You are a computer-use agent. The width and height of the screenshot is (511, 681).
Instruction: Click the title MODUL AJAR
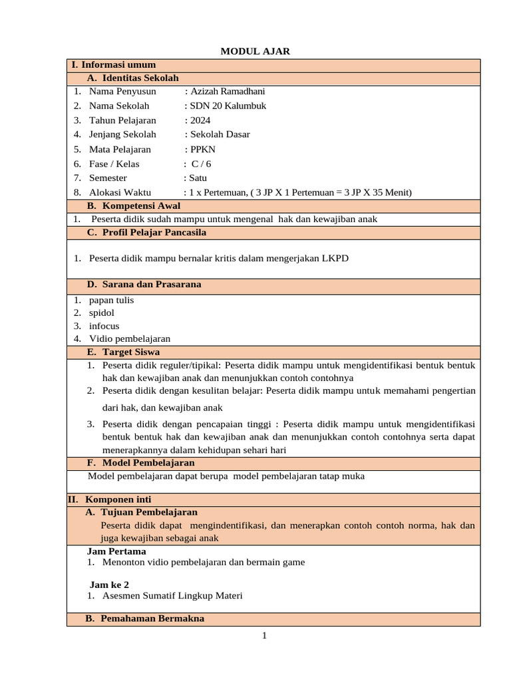tap(255, 51)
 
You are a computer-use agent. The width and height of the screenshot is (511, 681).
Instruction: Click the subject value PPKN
tap(202, 150)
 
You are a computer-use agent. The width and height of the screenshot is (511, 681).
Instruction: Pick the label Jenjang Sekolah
tap(122, 134)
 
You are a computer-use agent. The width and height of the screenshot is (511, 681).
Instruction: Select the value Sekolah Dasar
tap(220, 134)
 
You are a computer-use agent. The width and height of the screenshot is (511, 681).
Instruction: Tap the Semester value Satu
tap(198, 178)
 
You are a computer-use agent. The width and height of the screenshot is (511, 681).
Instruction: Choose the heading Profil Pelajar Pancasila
tap(154, 232)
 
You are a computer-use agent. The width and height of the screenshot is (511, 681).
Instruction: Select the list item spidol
tap(102, 313)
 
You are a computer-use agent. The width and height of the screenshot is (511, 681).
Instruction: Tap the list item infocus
tap(104, 326)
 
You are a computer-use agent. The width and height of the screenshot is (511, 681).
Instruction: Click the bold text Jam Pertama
tap(116, 551)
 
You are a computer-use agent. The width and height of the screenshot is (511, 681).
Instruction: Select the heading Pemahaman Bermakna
tap(152, 618)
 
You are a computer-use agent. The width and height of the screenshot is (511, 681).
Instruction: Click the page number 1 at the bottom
tap(264, 636)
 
